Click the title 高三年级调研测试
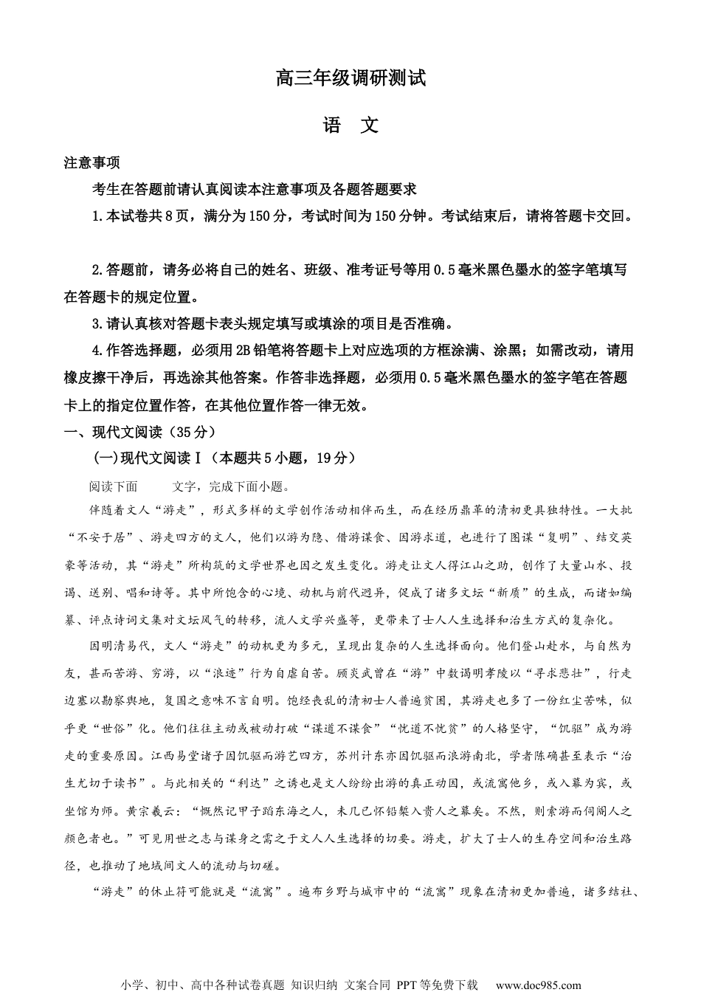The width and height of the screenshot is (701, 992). point(350,78)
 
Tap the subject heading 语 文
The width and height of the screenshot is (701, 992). point(350,126)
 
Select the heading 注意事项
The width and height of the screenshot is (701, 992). point(91,163)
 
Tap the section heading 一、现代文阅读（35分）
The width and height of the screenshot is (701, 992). point(139,432)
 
